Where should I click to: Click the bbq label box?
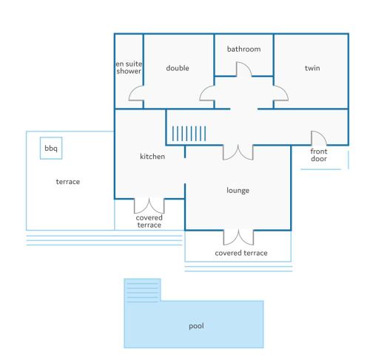tap(51, 148)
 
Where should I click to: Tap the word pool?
tap(196, 326)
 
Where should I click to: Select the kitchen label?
tap(152, 157)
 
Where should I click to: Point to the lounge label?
tap(238, 191)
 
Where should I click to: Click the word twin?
tap(312, 68)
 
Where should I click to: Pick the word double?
tap(178, 68)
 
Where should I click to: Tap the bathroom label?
tap(243, 49)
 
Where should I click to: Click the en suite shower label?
tap(129, 67)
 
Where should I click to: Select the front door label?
tap(319, 155)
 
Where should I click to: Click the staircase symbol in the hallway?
tap(189, 133)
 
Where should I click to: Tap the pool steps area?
tap(142, 290)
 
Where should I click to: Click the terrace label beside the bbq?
tap(68, 182)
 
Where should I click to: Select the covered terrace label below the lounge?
tap(241, 253)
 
